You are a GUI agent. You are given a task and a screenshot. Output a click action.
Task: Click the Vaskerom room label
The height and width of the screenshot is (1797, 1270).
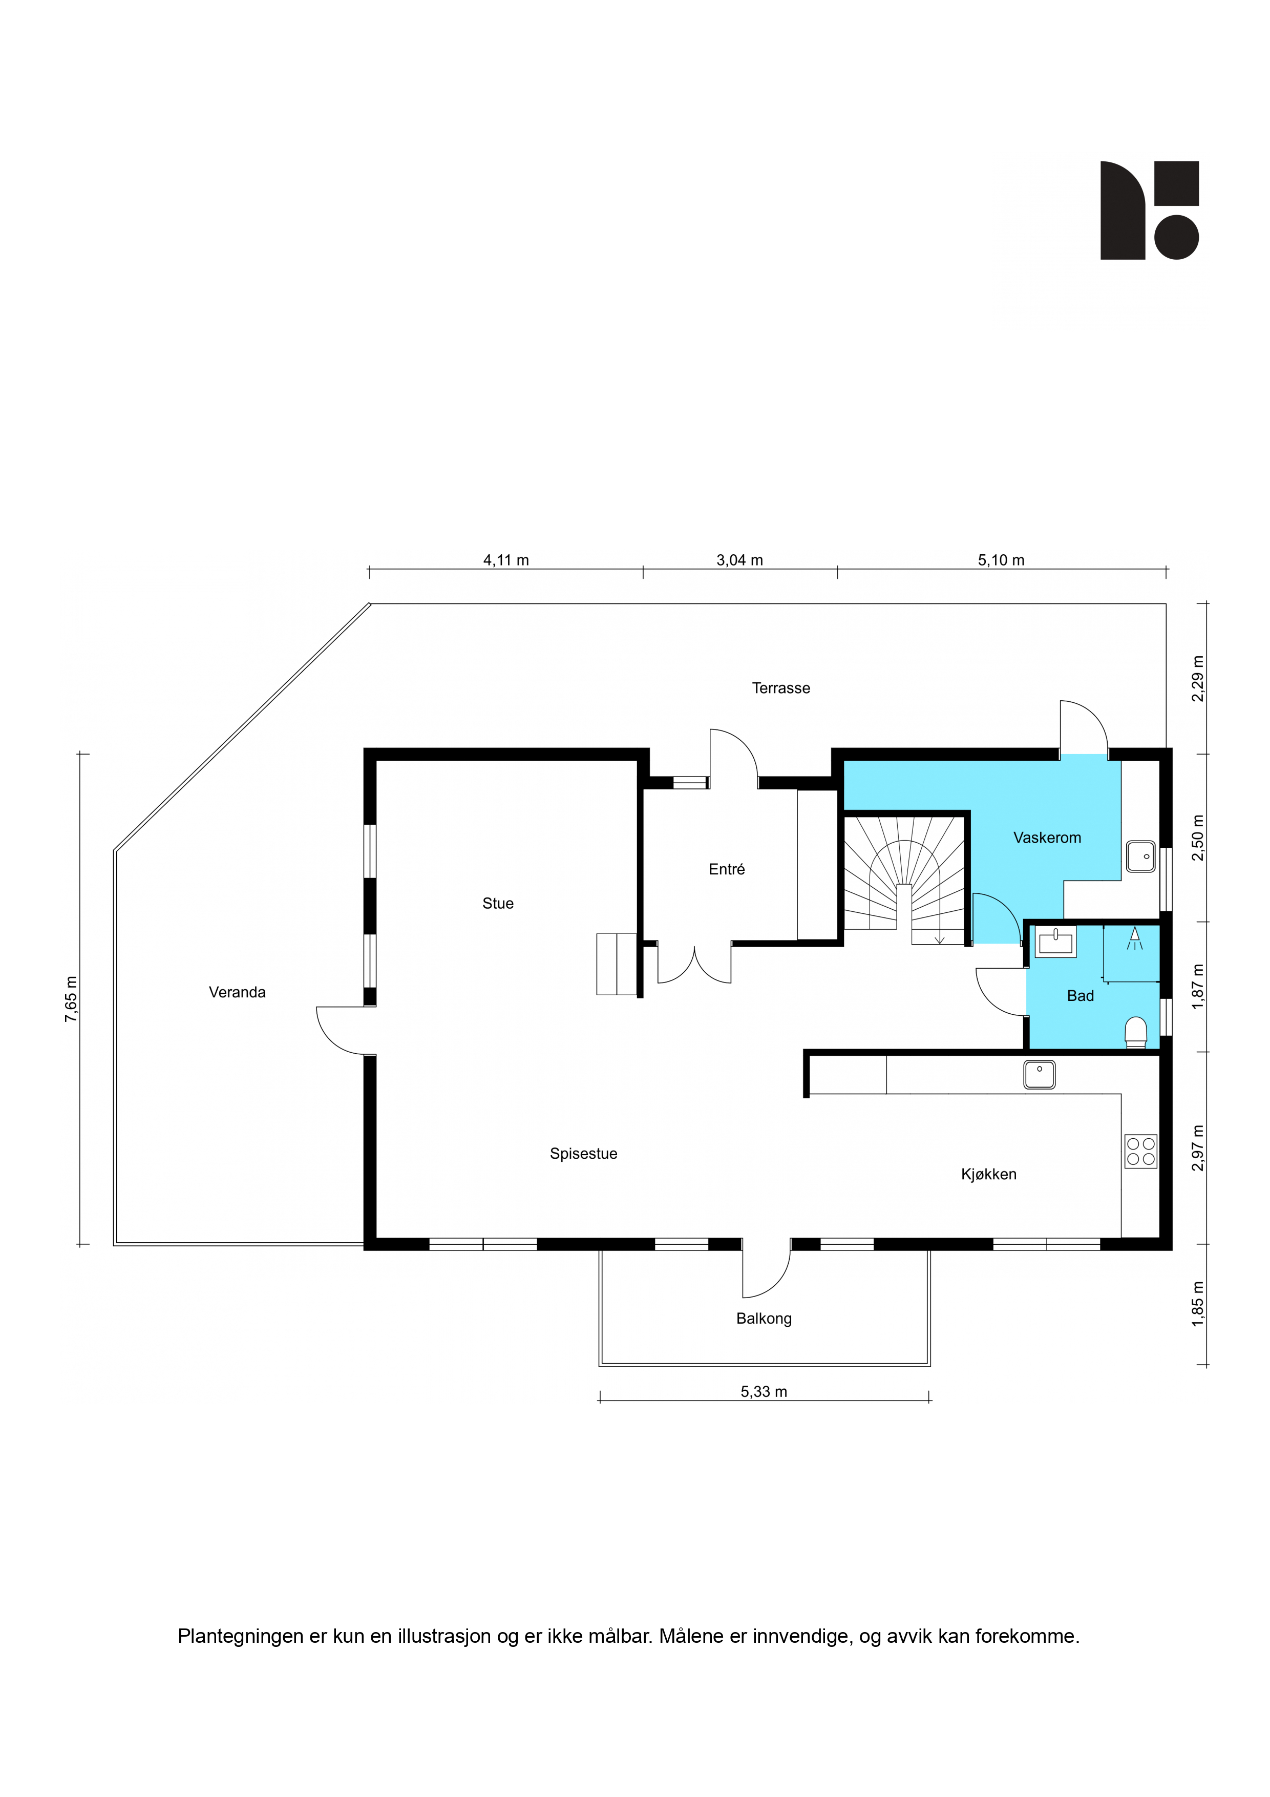click(x=1047, y=838)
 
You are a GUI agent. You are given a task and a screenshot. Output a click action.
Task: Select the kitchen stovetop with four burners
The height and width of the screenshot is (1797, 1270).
click(x=1141, y=1152)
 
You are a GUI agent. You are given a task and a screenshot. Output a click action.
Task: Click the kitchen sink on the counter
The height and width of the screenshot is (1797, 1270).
click(x=1039, y=1075)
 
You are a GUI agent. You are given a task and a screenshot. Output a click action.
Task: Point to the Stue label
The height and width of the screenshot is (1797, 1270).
click(x=498, y=903)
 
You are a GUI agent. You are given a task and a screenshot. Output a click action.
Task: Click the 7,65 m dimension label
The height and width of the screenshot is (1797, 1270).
click(x=71, y=999)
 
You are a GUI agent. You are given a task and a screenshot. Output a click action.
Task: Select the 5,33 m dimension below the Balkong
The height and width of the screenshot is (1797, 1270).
click(x=764, y=1392)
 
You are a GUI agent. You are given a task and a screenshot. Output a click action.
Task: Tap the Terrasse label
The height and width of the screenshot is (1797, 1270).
click(x=781, y=688)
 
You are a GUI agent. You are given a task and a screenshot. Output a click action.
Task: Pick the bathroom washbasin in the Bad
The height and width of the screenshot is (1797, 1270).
click(x=1055, y=941)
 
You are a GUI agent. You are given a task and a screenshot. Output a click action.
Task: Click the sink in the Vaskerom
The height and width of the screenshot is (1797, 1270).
click(x=1141, y=856)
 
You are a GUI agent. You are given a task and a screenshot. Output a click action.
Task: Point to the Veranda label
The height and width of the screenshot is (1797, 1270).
click(x=237, y=992)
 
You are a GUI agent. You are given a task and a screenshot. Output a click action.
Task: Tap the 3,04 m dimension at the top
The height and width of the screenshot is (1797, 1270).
click(x=739, y=560)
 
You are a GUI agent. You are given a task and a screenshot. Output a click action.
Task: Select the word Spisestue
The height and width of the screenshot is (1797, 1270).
click(x=584, y=1154)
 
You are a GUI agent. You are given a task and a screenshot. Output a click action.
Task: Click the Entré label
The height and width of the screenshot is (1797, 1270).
click(x=727, y=869)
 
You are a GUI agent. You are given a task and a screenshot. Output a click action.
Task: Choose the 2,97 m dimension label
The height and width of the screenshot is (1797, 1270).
click(x=1198, y=1148)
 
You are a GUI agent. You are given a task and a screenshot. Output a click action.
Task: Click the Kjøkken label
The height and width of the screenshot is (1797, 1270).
click(x=989, y=1174)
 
